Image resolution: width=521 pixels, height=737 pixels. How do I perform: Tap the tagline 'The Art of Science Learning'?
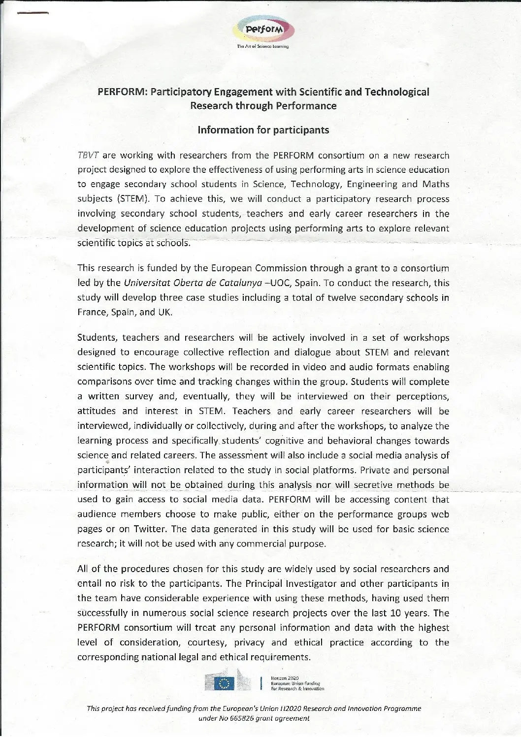point(262,47)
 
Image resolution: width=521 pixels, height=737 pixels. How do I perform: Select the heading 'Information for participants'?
point(263,130)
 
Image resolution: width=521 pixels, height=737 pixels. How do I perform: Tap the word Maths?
point(435,185)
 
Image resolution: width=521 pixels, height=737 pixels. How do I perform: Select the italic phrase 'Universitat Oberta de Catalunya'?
point(188,283)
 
